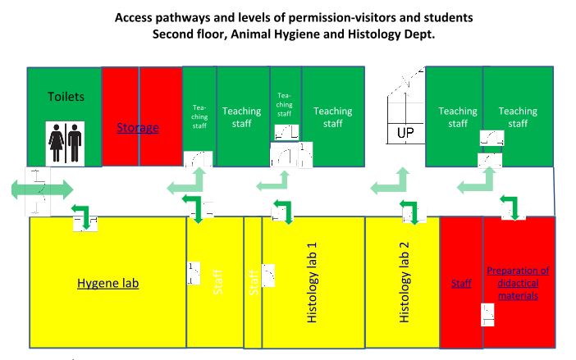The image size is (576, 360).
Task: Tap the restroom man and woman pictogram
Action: [66, 143]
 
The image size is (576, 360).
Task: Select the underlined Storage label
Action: [137, 128]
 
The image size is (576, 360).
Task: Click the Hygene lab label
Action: [108, 284]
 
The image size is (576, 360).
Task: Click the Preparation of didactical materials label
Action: [518, 283]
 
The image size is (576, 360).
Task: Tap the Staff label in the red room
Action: [461, 284]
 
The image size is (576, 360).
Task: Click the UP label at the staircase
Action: [405, 132]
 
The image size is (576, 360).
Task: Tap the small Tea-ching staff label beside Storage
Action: [199, 117]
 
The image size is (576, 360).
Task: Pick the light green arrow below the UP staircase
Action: [392, 183]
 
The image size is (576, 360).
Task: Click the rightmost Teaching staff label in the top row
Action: [518, 117]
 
